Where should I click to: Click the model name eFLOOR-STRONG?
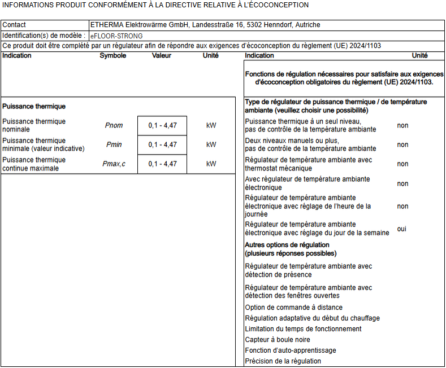116,36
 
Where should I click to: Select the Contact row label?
14,25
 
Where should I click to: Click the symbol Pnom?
114,125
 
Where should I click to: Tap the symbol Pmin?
114,144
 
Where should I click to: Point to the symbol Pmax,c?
115,164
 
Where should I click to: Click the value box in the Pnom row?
162,125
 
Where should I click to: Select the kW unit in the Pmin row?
211,144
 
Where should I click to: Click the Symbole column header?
113,56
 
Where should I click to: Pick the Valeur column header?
162,56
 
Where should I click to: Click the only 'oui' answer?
402,229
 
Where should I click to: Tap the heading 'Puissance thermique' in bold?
34,106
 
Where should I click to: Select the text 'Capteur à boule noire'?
278,340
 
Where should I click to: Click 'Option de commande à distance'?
293,308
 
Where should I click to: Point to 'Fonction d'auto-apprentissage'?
290,351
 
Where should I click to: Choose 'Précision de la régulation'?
283,361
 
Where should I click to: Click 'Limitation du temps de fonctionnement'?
303,329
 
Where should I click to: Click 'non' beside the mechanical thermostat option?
402,164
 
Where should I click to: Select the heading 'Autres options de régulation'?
287,245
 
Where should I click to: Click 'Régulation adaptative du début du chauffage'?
312,318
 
